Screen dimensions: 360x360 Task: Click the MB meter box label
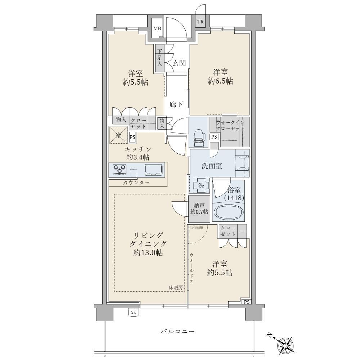(x=157, y=29)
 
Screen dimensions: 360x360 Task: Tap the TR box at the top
(x=201, y=22)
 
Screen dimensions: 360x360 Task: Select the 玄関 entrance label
(x=179, y=63)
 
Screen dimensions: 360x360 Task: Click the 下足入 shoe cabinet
(x=159, y=58)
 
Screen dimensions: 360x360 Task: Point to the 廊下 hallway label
(x=176, y=104)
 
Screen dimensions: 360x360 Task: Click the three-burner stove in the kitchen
(x=120, y=170)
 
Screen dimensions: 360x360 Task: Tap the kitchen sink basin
(x=153, y=170)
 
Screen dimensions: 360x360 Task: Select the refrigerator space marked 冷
(x=118, y=135)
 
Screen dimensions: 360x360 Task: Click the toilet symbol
(x=198, y=138)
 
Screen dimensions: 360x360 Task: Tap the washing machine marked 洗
(x=201, y=186)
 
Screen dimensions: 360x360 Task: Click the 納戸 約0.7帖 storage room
(x=199, y=209)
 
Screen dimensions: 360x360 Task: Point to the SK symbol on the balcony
(x=134, y=312)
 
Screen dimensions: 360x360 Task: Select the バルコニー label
(x=177, y=332)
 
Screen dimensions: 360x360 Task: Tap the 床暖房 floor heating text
(x=176, y=287)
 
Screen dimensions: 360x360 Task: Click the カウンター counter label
(x=136, y=183)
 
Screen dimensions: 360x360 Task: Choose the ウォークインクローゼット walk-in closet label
(x=229, y=125)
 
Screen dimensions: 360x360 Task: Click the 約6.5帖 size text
(x=220, y=81)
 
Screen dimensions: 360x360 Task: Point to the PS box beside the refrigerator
(x=132, y=137)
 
